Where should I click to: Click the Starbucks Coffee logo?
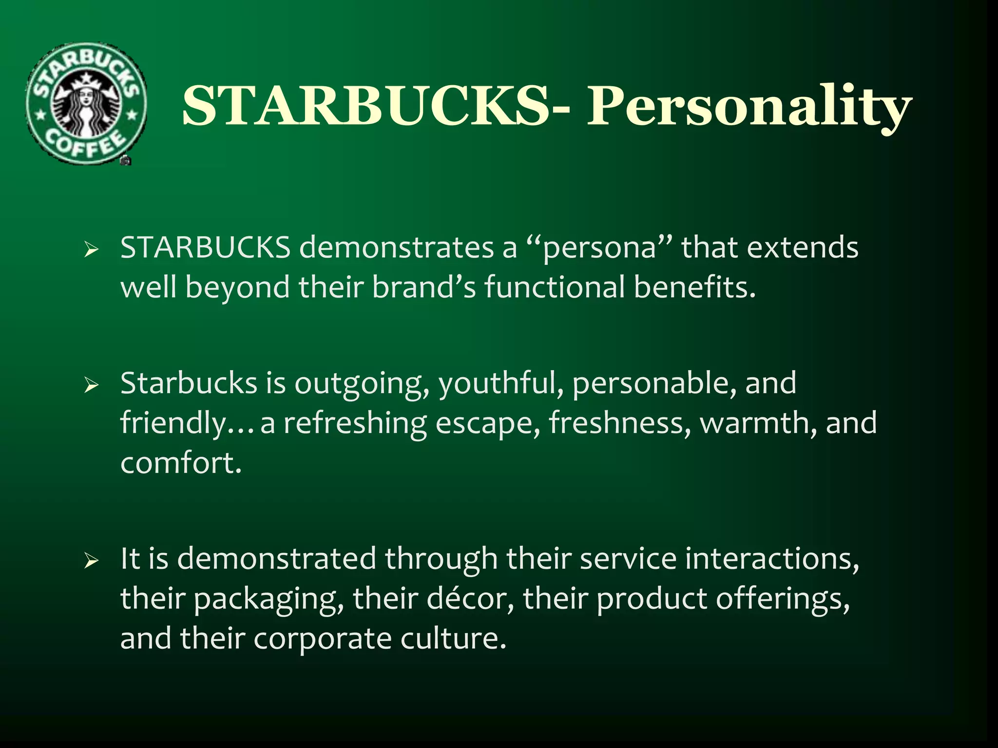85,103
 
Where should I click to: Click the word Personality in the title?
749,106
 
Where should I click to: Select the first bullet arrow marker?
91,251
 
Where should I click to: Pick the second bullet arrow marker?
91,386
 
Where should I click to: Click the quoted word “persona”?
599,248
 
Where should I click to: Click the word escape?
488,423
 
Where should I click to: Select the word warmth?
758,423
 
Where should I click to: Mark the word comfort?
181,463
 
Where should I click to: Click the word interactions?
772,559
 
